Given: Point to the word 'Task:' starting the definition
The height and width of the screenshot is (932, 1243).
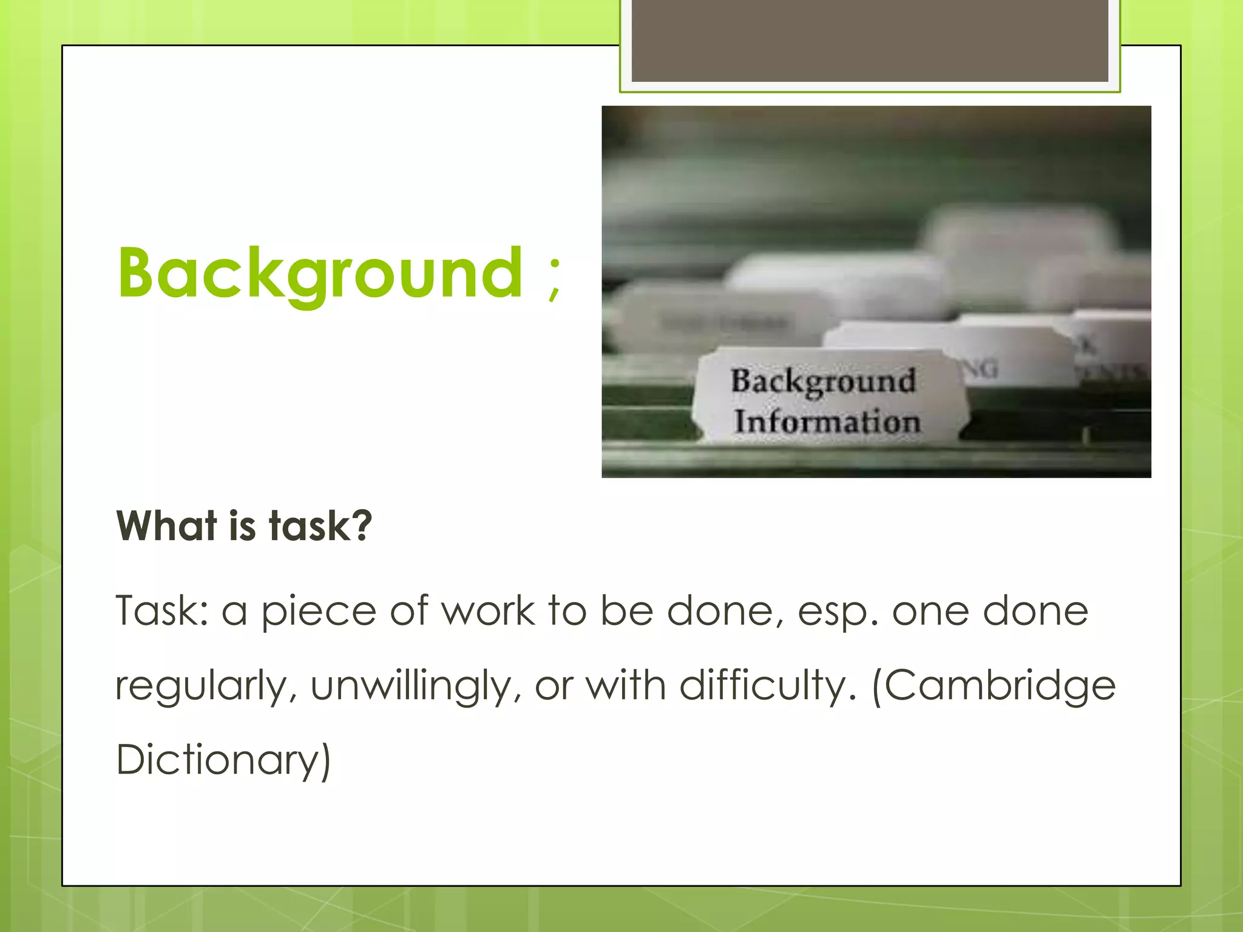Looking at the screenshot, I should [x=162, y=610].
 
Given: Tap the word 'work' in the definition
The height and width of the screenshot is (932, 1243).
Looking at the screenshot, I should [x=488, y=610].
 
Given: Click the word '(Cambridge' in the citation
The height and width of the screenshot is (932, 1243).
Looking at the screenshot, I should [x=994, y=686].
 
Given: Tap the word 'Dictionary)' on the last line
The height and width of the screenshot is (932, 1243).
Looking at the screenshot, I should [x=223, y=760].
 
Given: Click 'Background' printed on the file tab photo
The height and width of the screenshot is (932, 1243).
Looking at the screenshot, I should [x=823, y=381].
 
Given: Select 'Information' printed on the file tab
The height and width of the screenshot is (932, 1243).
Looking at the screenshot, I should [x=827, y=422].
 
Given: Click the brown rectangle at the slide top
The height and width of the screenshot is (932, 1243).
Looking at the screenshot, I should [x=870, y=40].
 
